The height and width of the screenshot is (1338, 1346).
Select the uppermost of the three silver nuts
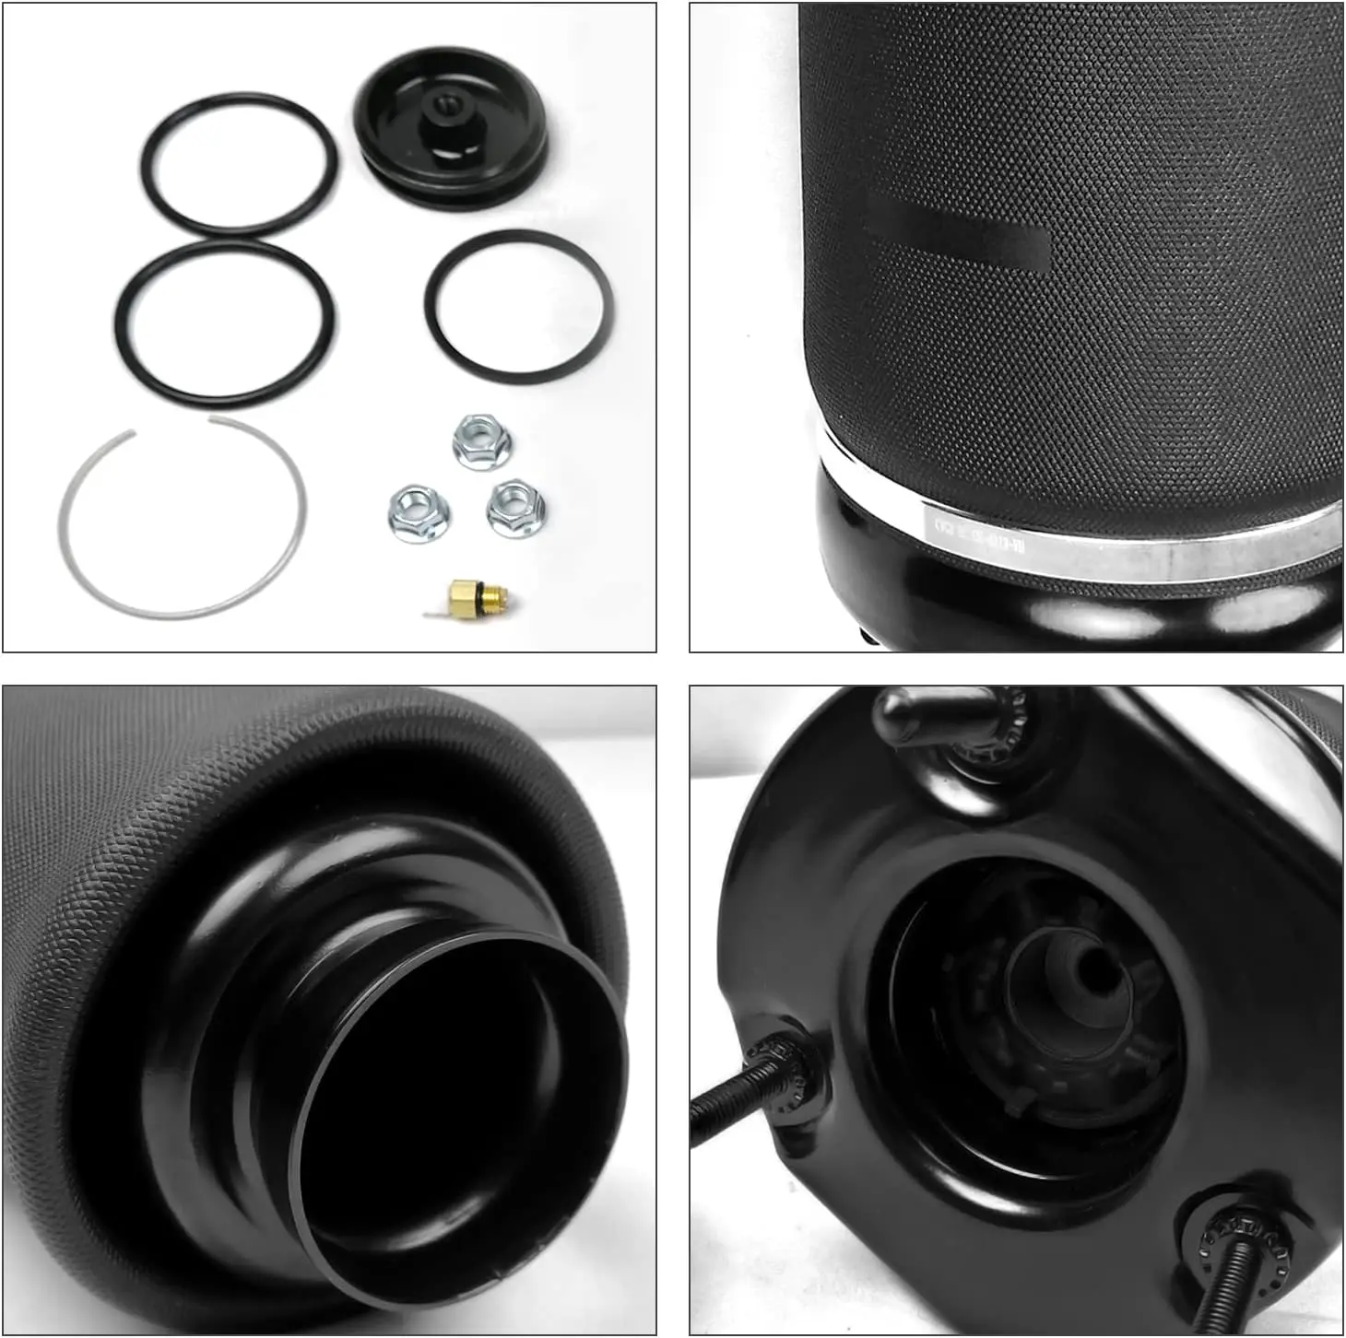point(481,440)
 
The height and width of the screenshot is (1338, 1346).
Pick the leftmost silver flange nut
point(418,512)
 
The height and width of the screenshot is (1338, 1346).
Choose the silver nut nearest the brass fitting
point(515,508)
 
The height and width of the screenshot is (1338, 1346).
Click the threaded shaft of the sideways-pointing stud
point(728,1101)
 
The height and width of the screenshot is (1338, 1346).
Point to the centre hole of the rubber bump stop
point(1094,968)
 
